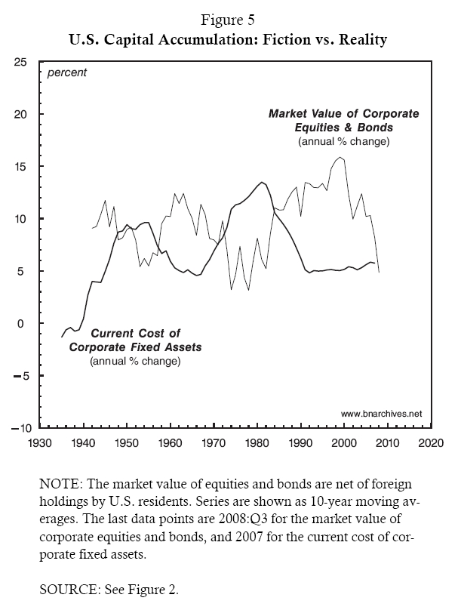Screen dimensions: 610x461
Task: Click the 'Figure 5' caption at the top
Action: (230, 19)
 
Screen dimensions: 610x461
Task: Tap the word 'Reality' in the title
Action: (361, 37)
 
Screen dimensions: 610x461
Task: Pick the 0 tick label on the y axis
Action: (25, 323)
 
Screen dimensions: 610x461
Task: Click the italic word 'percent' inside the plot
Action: (67, 73)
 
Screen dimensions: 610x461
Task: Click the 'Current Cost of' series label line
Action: (135, 334)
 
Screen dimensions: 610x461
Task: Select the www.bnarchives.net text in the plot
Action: (381, 414)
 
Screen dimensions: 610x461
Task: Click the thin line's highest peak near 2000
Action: (342, 157)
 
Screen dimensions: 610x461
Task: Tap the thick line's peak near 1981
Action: (261, 182)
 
